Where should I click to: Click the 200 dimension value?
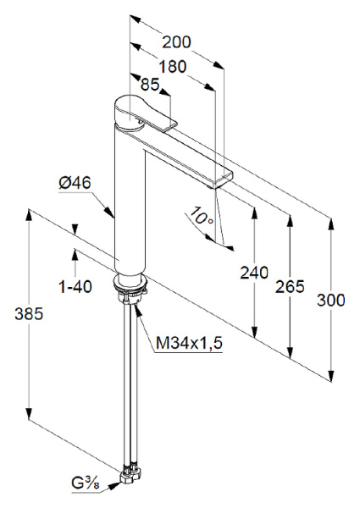175,42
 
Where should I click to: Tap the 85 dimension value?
150,85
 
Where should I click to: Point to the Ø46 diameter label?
75,182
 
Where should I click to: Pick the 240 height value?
253,273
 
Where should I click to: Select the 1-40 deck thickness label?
75,286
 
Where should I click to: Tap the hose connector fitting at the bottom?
131,474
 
